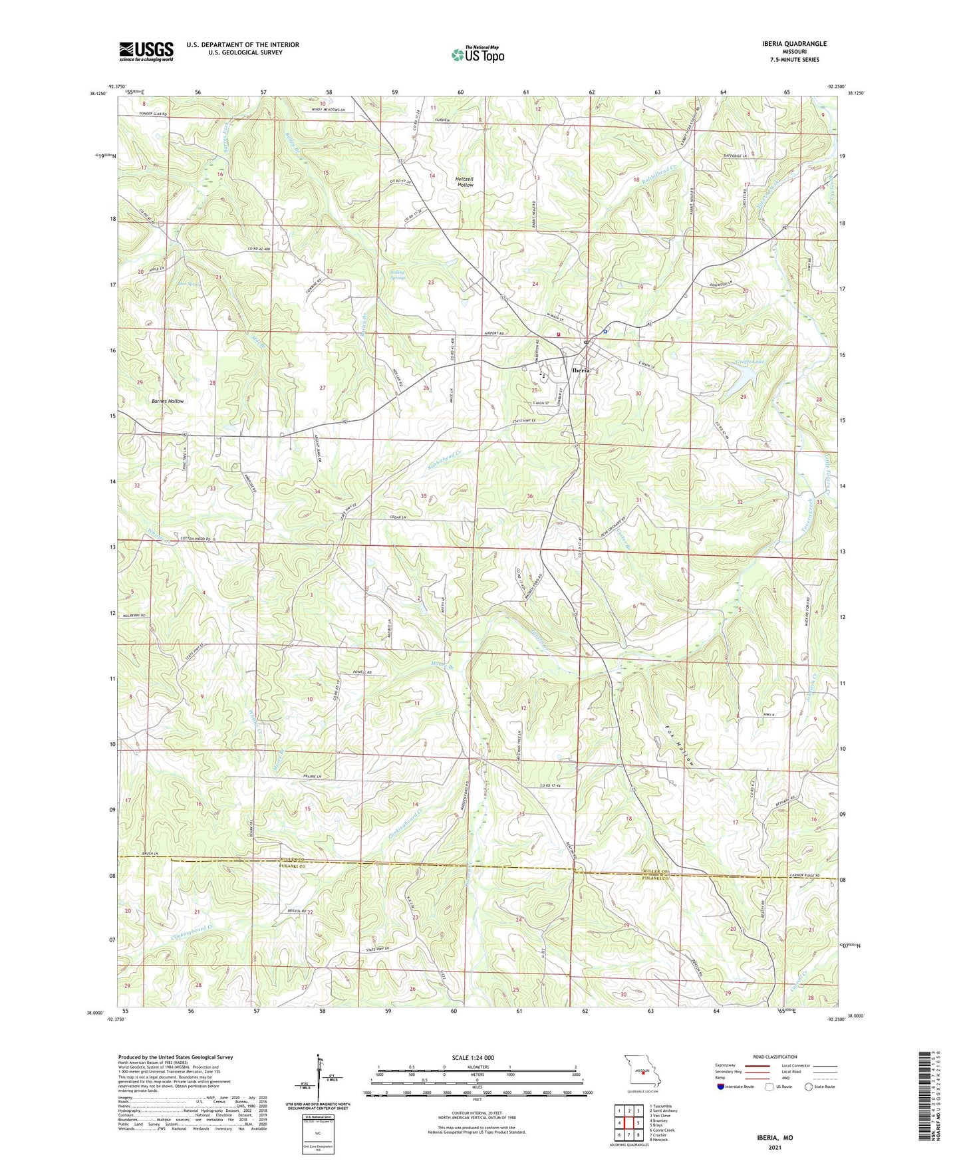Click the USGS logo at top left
pos(146,51)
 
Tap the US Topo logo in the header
pos(478,55)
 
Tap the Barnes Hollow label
pos(168,401)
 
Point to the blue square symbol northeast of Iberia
pos(605,330)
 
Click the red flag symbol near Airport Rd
pos(559,334)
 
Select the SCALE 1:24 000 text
pos(473,1058)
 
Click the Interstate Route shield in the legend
pos(720,1087)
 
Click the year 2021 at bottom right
pos(775,1147)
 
